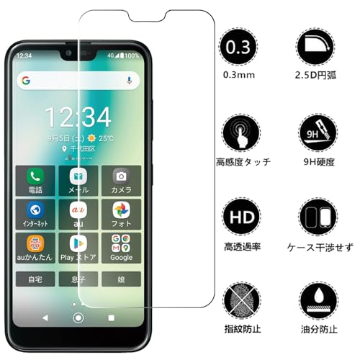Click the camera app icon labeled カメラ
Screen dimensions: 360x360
click(x=121, y=176)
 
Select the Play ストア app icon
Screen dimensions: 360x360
click(x=78, y=243)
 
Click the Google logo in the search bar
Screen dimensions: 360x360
click(x=26, y=81)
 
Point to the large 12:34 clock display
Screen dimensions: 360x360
click(x=78, y=115)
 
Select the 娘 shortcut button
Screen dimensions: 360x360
click(x=121, y=277)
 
